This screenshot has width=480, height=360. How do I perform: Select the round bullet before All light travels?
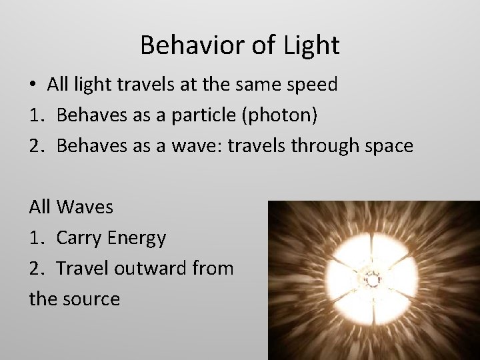click(33, 85)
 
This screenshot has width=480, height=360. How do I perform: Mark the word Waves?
click(85, 207)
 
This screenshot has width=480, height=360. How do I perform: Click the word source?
click(93, 299)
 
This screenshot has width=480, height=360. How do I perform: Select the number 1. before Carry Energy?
click(37, 237)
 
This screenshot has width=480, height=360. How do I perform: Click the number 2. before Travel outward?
click(37, 268)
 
